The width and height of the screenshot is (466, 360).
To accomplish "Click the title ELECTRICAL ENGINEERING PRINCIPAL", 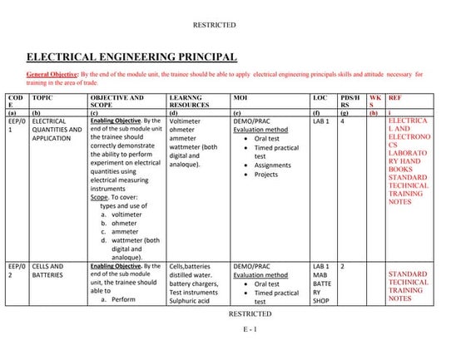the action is tap(132, 57).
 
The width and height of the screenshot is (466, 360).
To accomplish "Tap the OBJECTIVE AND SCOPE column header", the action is tap(116, 101).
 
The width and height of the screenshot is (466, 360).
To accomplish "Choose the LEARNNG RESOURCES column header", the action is tap(195, 101).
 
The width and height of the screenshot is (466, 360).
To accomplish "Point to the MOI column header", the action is tap(241, 96).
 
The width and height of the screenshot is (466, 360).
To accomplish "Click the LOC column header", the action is tap(320, 96).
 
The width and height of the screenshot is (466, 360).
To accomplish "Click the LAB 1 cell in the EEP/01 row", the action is tap(321, 121).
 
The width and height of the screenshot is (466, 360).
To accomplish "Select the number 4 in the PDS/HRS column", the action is tap(343, 121).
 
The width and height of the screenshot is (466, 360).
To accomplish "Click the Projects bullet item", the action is tap(266, 175).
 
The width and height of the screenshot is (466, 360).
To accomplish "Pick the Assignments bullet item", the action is tap(272, 165).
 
